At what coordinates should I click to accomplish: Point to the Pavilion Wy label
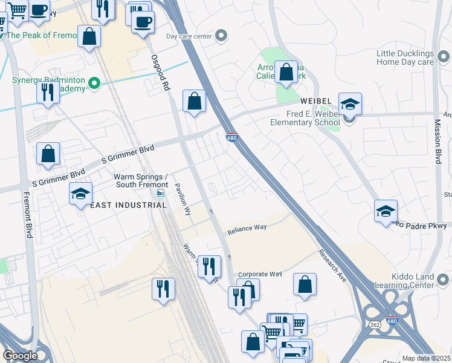point(182,200)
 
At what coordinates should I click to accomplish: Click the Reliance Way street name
point(247,228)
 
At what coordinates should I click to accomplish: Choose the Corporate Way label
point(260,274)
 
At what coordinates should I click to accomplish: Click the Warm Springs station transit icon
point(160,193)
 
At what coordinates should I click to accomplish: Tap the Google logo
point(19,356)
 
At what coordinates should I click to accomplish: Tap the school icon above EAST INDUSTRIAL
point(80,194)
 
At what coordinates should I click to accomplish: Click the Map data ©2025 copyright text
point(426,358)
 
